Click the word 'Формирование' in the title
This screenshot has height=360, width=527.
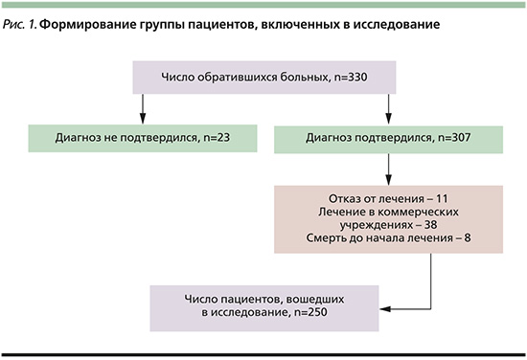coord(94,21)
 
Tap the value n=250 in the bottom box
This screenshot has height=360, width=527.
coord(273,315)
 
